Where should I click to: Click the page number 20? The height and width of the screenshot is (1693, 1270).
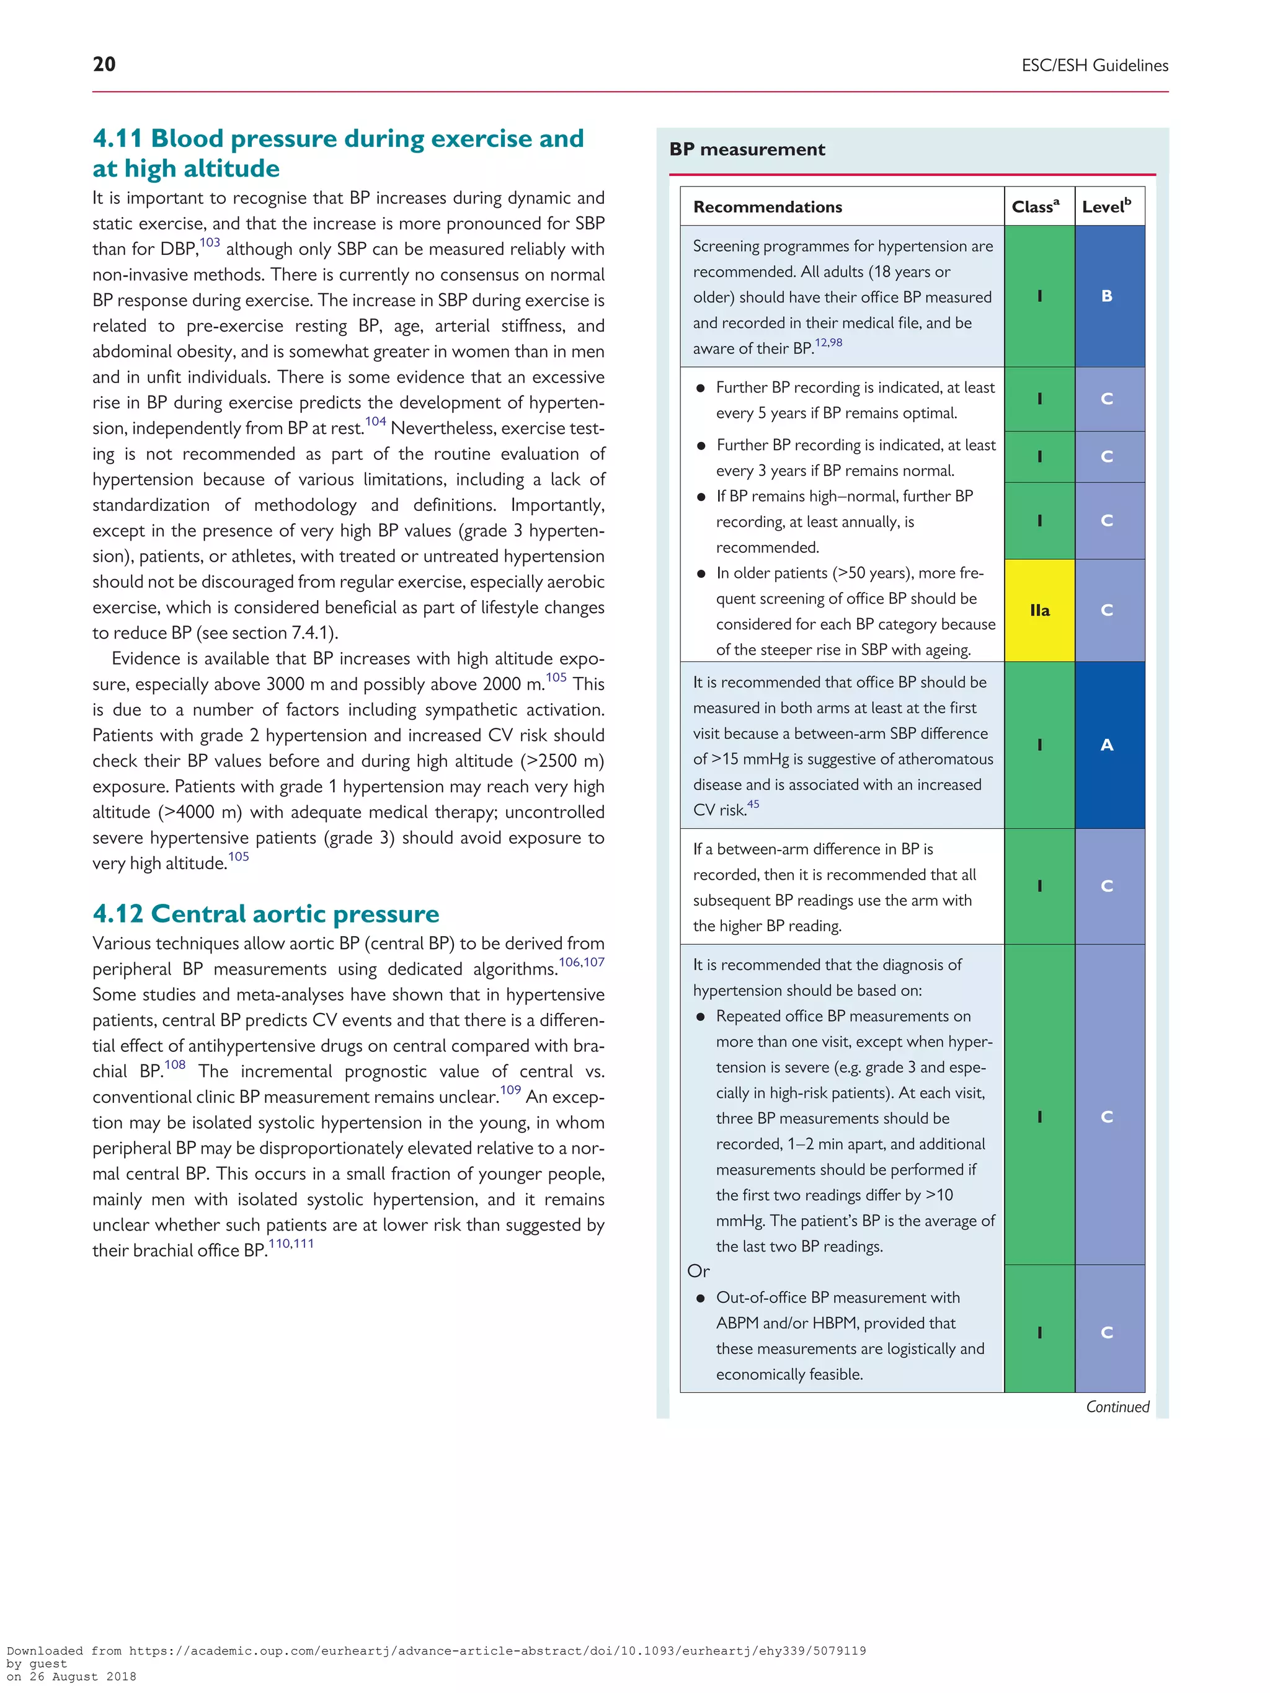pyautogui.click(x=104, y=64)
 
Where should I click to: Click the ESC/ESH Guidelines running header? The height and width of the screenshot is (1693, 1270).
pyautogui.click(x=1094, y=66)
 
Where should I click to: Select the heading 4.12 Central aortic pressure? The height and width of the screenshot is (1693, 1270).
pyautogui.click(x=265, y=914)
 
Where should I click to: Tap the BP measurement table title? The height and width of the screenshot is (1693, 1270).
pyautogui.click(x=747, y=149)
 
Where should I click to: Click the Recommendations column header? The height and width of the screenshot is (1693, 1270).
pyautogui.click(x=767, y=206)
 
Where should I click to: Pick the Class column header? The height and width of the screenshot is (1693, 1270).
pyautogui.click(x=1035, y=206)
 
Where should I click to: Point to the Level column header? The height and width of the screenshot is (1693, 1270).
pyautogui.click(x=1106, y=206)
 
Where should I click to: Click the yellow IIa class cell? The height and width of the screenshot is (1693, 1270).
pyautogui.click(x=1039, y=610)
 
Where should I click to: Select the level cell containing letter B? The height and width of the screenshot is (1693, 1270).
pyautogui.click(x=1107, y=296)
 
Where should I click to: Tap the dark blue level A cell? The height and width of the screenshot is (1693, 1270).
pyautogui.click(x=1107, y=745)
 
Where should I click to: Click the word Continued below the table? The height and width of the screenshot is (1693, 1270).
pyautogui.click(x=1117, y=1407)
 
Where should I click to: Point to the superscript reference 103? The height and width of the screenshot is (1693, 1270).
pyautogui.click(x=210, y=242)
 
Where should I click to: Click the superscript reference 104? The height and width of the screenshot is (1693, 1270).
pyautogui.click(x=375, y=422)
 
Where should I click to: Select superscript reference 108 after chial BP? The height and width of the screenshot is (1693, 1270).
pyautogui.click(x=174, y=1064)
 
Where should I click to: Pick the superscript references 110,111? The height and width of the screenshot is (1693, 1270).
pyautogui.click(x=291, y=1244)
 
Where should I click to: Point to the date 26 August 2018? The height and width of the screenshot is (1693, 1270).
pyautogui.click(x=82, y=1676)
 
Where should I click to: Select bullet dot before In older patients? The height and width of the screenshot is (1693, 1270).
pyautogui.click(x=701, y=574)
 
